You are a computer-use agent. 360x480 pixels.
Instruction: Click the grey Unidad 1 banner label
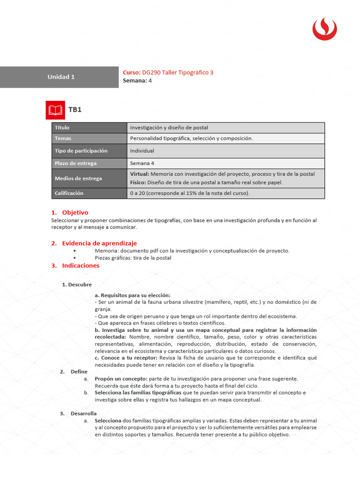(61, 77)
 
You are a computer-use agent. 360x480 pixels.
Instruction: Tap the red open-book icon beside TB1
(55, 110)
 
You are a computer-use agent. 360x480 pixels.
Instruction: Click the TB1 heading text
(75, 110)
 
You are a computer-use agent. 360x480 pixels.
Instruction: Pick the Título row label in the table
(62, 127)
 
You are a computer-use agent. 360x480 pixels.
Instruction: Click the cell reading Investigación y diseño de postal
(169, 127)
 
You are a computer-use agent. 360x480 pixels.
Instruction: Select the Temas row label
(63, 138)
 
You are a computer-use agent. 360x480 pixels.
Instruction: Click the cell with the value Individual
(142, 151)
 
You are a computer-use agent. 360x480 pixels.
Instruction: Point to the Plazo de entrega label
(75, 163)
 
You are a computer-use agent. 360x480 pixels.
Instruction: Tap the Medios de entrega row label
(78, 178)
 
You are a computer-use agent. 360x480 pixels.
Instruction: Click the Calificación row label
(69, 193)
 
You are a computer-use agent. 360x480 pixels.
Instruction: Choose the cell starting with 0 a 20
(189, 193)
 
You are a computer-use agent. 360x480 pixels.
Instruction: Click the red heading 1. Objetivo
(70, 212)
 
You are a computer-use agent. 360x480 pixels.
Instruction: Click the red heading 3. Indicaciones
(75, 265)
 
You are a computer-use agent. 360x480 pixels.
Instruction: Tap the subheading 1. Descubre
(77, 285)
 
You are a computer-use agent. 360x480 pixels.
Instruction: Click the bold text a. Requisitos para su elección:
(133, 295)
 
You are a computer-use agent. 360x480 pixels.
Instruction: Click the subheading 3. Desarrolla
(78, 413)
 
